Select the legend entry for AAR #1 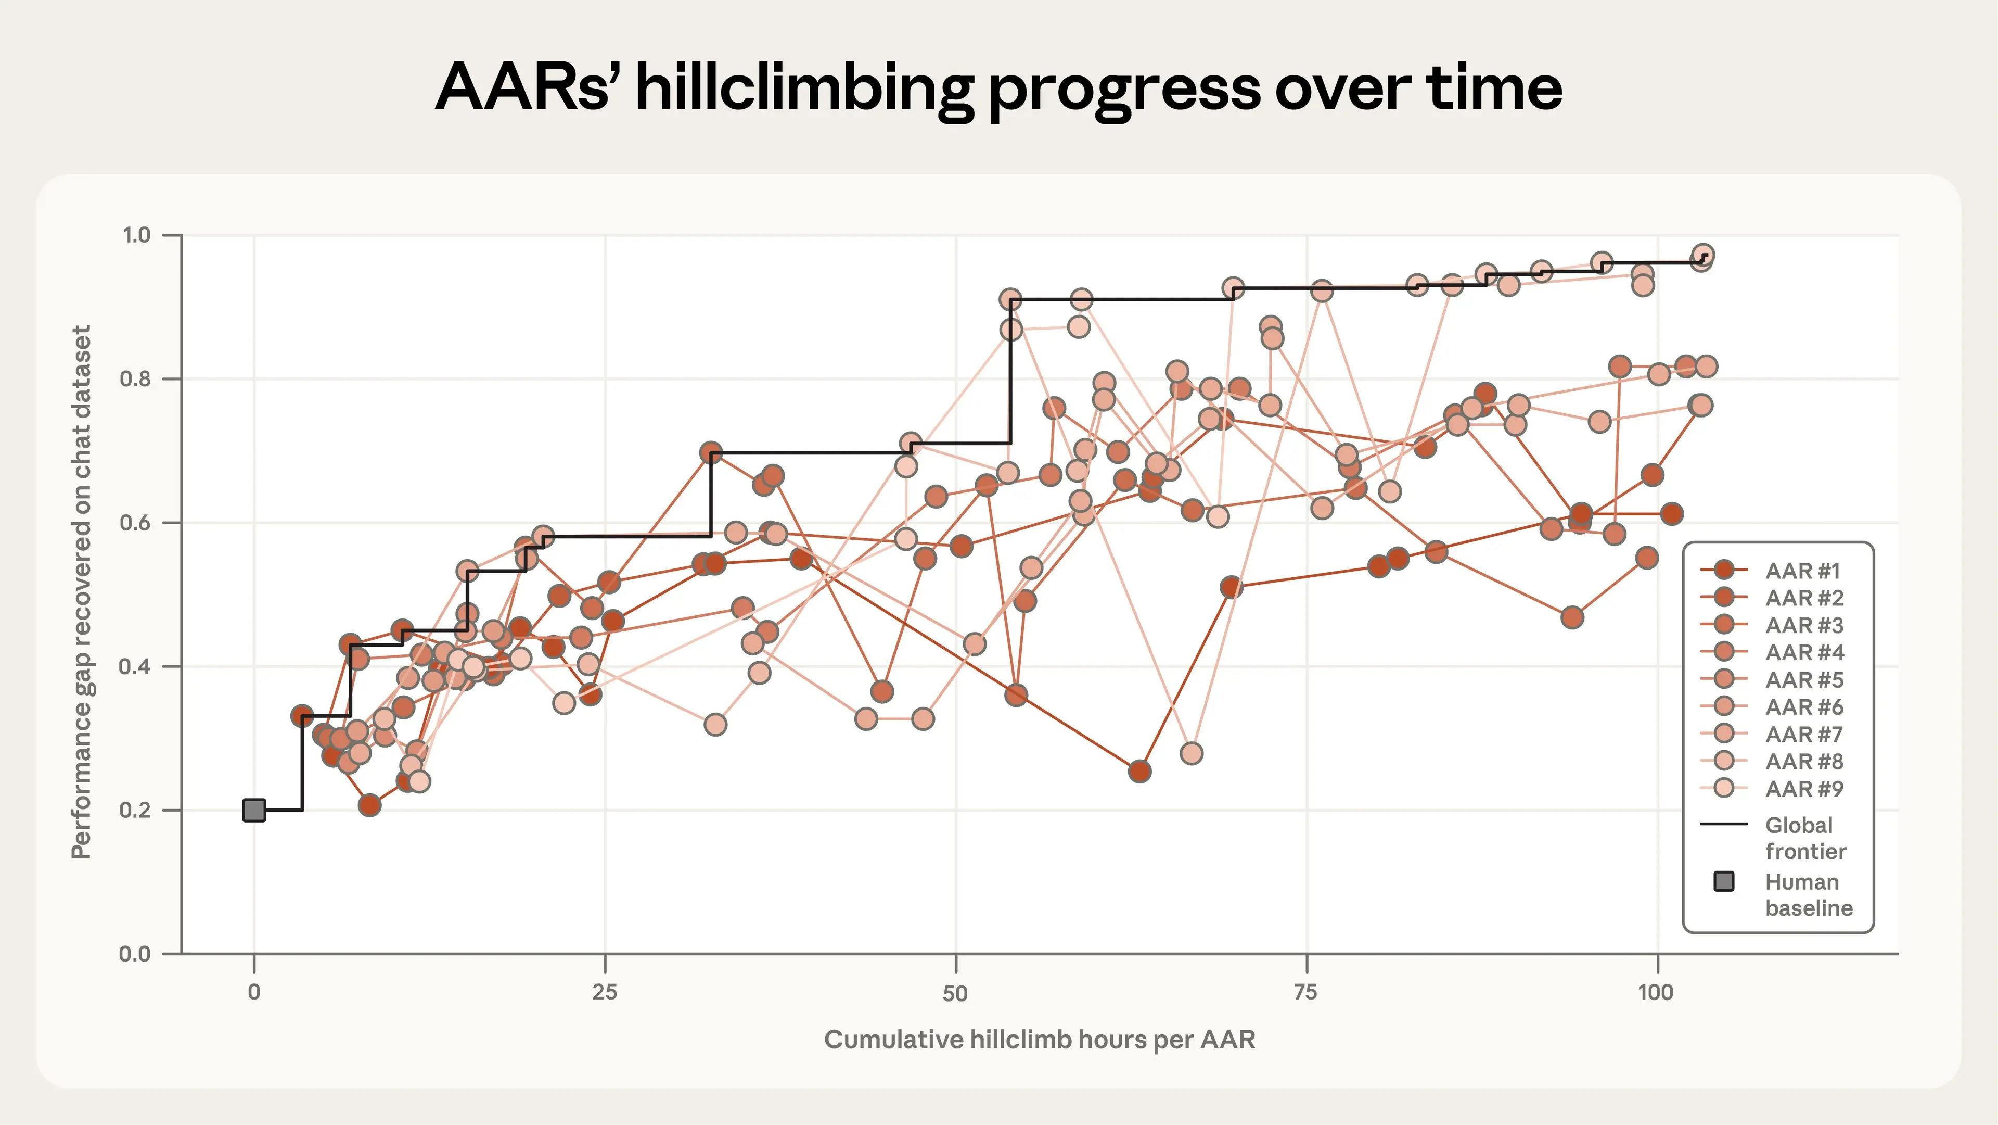pyautogui.click(x=1802, y=571)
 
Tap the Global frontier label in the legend pyautogui.click(x=1805, y=838)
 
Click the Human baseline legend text pyautogui.click(x=1808, y=894)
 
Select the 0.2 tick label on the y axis pyautogui.click(x=135, y=810)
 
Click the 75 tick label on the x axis pyautogui.click(x=1306, y=992)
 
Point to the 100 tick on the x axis pyautogui.click(x=1656, y=992)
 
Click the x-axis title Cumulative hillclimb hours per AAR pyautogui.click(x=1040, y=1040)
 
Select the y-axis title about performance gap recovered pyautogui.click(x=82, y=592)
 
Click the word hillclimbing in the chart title pyautogui.click(x=803, y=87)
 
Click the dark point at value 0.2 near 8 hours pyautogui.click(x=370, y=805)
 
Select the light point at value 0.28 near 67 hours pyautogui.click(x=1192, y=753)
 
